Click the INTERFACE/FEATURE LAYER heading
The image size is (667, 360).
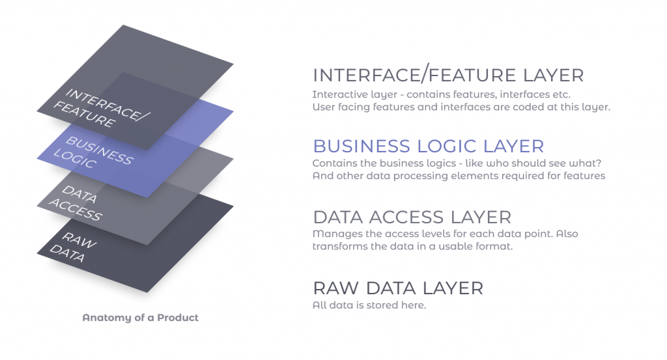(x=448, y=76)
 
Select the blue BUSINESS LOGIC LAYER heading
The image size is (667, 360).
(x=429, y=146)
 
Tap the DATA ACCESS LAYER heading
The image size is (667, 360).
(x=412, y=217)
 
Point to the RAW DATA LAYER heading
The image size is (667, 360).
(x=398, y=288)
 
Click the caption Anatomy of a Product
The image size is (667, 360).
(x=141, y=318)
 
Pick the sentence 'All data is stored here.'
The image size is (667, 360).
(x=369, y=305)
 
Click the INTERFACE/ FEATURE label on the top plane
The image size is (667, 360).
(x=101, y=107)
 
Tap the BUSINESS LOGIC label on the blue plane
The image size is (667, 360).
(x=93, y=152)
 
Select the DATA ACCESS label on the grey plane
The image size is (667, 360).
(x=76, y=202)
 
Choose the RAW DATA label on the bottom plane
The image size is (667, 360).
(x=73, y=247)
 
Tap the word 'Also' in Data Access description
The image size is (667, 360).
(x=567, y=234)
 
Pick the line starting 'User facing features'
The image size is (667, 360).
(x=462, y=107)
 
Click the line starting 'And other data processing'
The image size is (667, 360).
(x=459, y=176)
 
